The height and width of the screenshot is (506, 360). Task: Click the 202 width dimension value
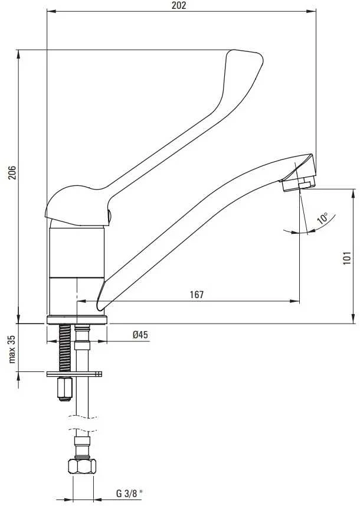click(x=179, y=5)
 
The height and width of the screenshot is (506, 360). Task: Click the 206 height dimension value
click(x=12, y=173)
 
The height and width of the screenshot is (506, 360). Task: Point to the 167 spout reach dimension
click(x=197, y=295)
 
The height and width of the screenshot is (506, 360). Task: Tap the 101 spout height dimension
click(x=347, y=258)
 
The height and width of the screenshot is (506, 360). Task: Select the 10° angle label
click(x=322, y=218)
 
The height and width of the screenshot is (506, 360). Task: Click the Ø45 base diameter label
click(x=140, y=335)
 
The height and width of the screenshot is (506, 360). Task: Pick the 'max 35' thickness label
click(x=12, y=349)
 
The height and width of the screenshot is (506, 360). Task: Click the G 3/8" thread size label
click(x=129, y=494)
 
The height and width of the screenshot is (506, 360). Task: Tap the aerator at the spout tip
click(x=297, y=185)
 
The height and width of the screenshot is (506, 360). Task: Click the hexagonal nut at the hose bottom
click(x=82, y=466)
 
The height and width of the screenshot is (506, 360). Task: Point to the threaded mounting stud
click(x=64, y=348)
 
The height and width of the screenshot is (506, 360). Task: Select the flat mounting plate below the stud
click(x=74, y=374)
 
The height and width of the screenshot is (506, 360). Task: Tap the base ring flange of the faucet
click(x=77, y=320)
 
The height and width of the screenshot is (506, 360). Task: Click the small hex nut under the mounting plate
click(x=64, y=389)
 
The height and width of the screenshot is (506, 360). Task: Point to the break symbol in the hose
click(x=82, y=424)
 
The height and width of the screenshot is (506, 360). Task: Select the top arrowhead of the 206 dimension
click(x=18, y=55)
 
